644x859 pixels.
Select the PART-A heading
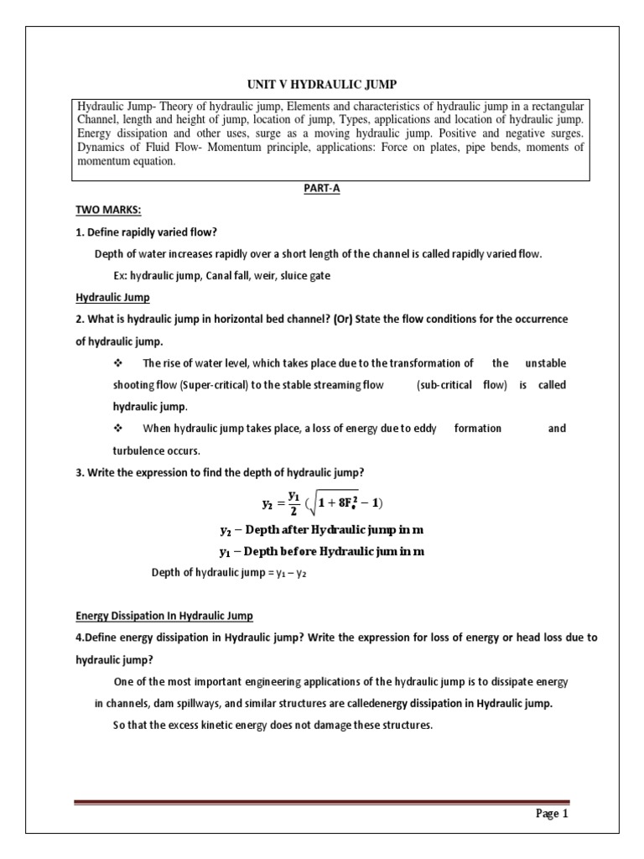pos(322,190)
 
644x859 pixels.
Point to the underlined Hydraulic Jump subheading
pos(112,298)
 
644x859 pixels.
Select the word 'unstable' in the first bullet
pos(545,363)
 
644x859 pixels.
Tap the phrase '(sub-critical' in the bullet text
pos(444,385)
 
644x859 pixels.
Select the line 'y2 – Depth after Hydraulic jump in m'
pos(322,532)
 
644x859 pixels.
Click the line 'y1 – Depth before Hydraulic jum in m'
pos(322,552)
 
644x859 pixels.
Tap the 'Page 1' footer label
pos(552,814)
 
